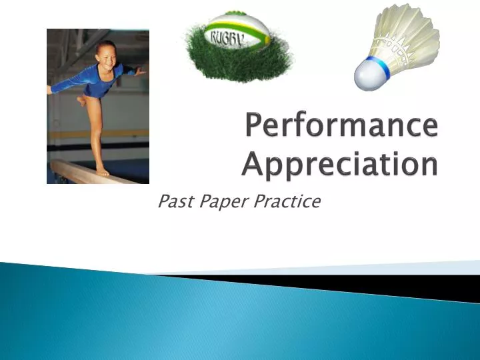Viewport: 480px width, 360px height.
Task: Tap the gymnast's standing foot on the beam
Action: pyautogui.click(x=102, y=171)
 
